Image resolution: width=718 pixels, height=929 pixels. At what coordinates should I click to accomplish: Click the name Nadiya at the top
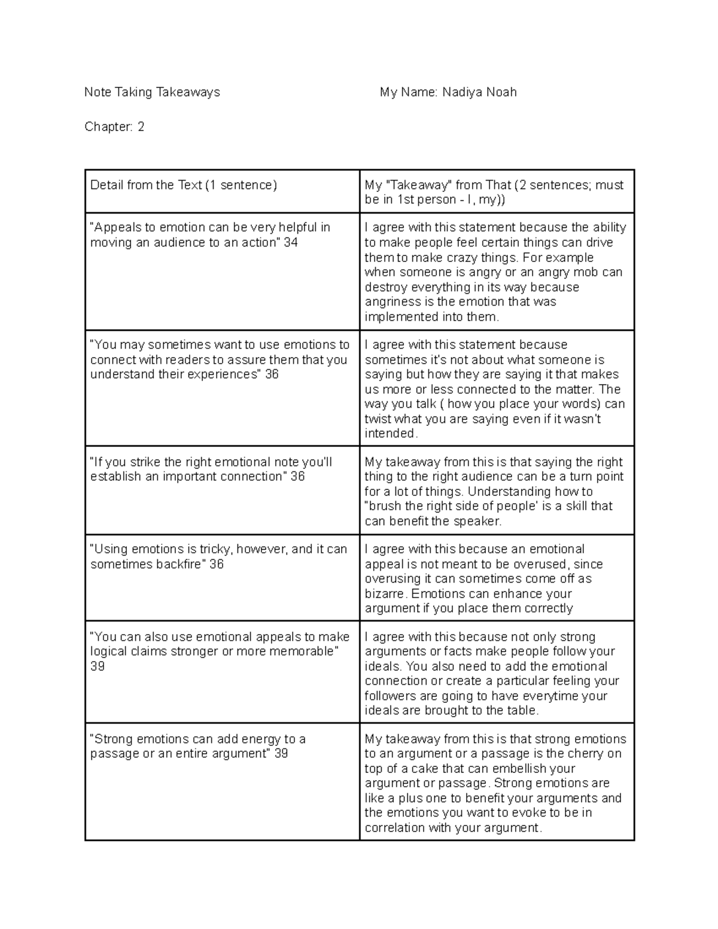coord(461,92)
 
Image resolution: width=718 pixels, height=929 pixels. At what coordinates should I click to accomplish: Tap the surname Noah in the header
coord(501,92)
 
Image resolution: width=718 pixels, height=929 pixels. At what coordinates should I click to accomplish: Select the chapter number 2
coord(141,127)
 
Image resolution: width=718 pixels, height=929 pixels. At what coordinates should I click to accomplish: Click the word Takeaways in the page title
coord(188,92)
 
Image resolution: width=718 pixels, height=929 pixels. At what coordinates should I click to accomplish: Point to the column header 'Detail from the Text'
coord(146,185)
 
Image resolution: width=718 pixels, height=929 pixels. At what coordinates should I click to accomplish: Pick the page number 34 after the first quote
coord(291,242)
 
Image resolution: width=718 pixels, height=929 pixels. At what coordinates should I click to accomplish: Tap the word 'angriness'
coord(392,302)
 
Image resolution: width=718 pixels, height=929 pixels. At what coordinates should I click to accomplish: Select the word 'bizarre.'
coord(387,594)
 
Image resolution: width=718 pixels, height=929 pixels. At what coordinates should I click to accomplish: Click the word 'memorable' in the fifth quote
coord(303,651)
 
